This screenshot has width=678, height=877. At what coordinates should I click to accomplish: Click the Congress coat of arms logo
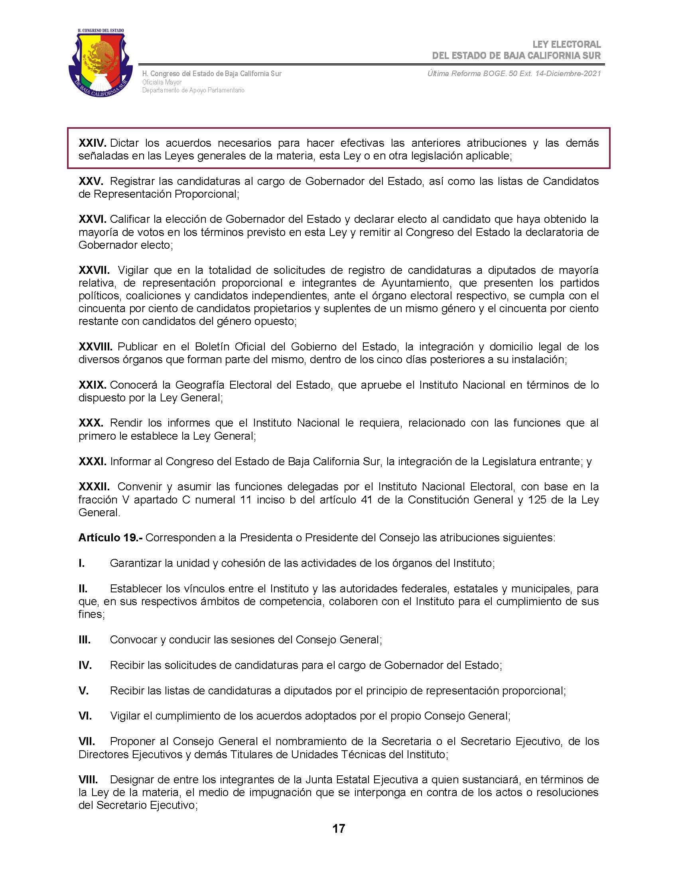pyautogui.click(x=101, y=63)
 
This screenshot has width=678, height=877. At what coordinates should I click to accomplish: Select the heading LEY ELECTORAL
pyautogui.click(x=566, y=45)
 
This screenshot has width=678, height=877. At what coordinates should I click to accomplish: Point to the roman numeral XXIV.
pyautogui.click(x=92, y=143)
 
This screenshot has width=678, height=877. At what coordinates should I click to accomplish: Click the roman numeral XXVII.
pyautogui.click(x=94, y=270)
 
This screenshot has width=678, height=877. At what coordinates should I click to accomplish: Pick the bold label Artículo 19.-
pyautogui.click(x=110, y=538)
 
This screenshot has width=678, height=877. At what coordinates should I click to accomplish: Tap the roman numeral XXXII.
pyautogui.click(x=94, y=487)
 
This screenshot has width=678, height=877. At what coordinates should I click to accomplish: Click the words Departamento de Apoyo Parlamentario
pyautogui.click(x=193, y=90)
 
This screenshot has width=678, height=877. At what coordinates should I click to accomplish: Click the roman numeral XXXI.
pyautogui.click(x=92, y=461)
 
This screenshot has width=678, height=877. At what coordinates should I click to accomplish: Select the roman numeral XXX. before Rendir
pyautogui.click(x=91, y=423)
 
